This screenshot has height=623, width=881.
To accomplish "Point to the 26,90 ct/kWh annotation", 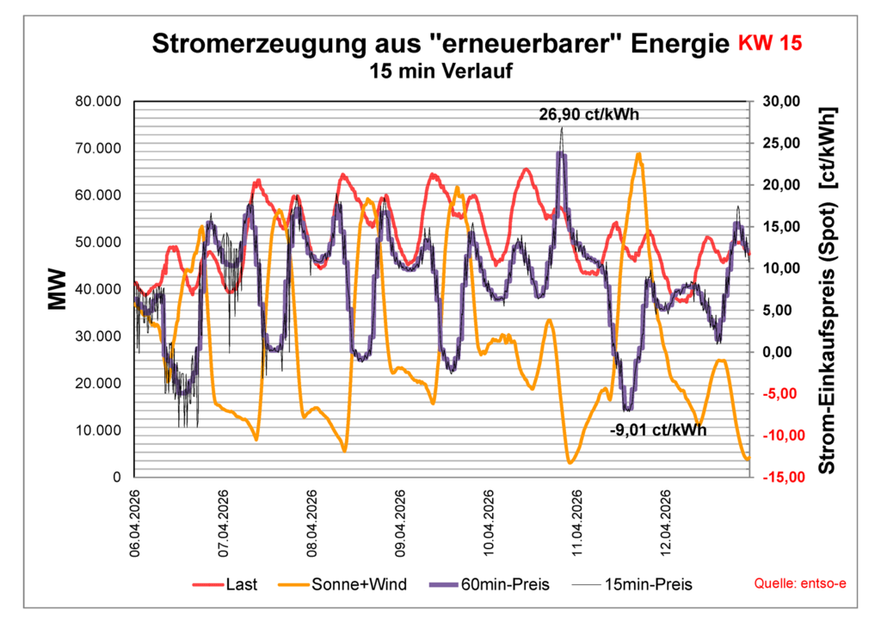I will pyautogui.click(x=589, y=114).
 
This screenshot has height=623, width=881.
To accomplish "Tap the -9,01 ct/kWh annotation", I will pyautogui.click(x=657, y=429).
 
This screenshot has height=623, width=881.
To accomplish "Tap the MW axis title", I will pyautogui.click(x=58, y=290).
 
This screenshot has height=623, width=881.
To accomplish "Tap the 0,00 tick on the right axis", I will pyautogui.click(x=779, y=353).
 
